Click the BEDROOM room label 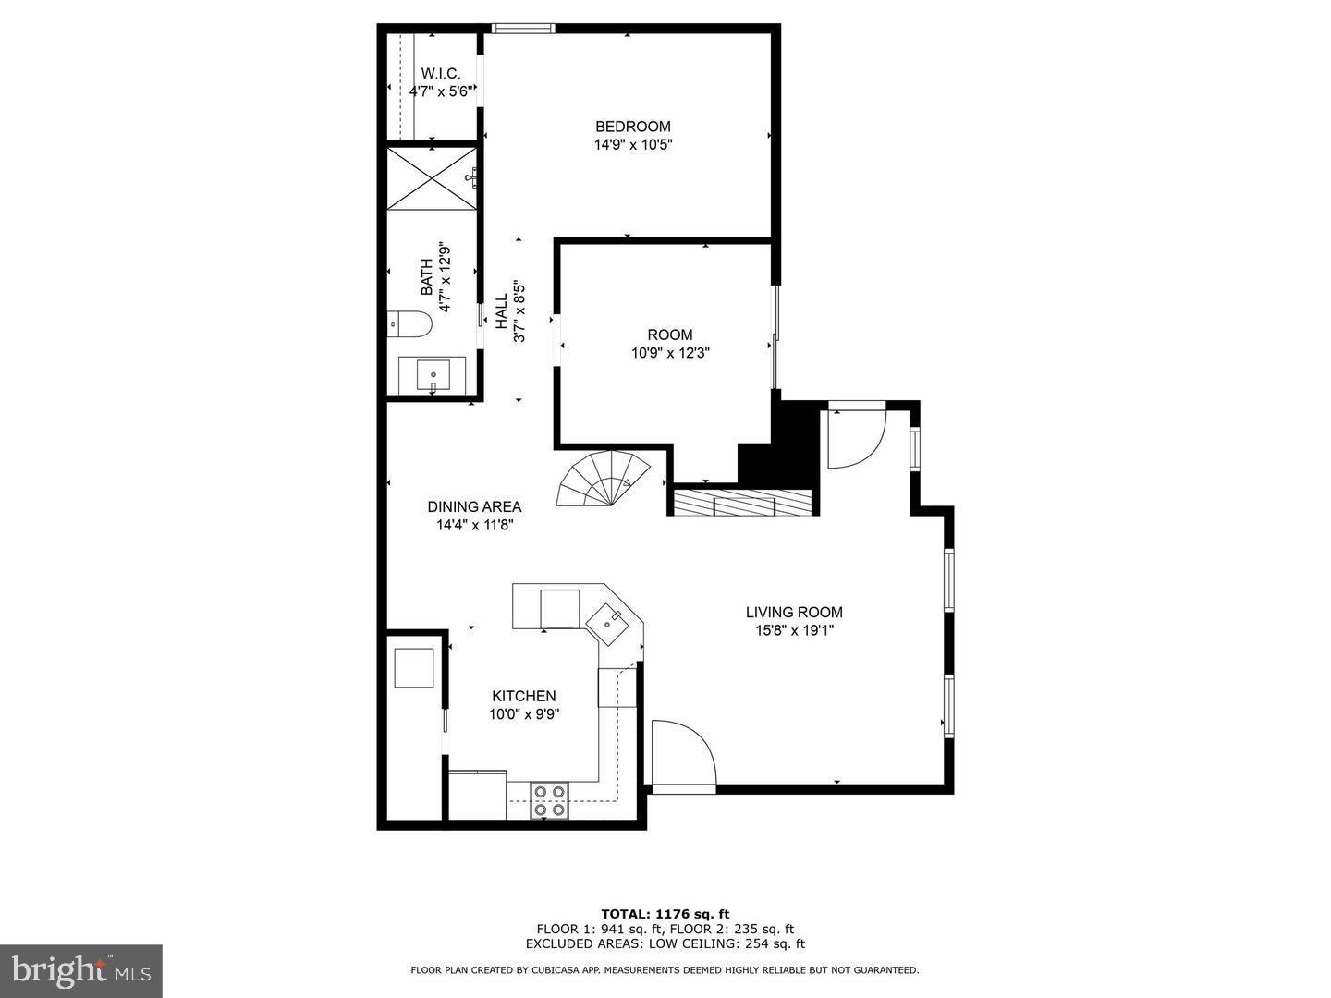(632, 127)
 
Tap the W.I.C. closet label (441, 73)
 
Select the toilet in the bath (409, 323)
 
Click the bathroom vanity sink (433, 376)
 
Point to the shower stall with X (432, 177)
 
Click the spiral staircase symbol (595, 479)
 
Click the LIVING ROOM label (794, 612)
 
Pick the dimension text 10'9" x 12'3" (670, 352)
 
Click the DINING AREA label (474, 506)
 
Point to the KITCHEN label (523, 696)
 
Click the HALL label (501, 312)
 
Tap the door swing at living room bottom (681, 757)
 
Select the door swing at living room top (855, 436)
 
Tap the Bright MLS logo (81, 970)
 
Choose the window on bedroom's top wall (522, 28)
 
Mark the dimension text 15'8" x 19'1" (794, 631)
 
